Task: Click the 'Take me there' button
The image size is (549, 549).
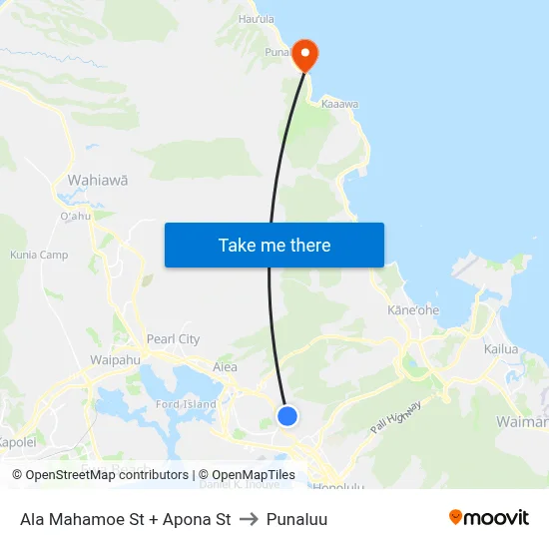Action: [x=274, y=245]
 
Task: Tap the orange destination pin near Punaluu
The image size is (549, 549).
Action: [x=303, y=55]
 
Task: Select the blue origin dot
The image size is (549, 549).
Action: [x=286, y=415]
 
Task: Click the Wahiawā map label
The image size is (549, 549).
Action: [x=97, y=181]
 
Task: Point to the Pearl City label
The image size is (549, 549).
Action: [x=173, y=339]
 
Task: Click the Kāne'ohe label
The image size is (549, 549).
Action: [x=412, y=310]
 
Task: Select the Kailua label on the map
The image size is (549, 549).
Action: [x=501, y=349]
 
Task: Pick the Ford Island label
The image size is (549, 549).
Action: [x=186, y=404]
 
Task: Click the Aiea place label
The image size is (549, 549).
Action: [x=225, y=367]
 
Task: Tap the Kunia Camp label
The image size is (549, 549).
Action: [x=39, y=256]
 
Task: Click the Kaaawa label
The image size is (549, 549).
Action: [x=339, y=103]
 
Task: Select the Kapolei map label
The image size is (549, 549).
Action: [x=17, y=442]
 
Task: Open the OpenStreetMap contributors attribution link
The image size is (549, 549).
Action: [x=107, y=475]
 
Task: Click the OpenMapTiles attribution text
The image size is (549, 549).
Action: [x=251, y=475]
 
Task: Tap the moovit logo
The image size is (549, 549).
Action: [x=488, y=518]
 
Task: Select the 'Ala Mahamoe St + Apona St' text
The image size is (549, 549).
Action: [x=125, y=519]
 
